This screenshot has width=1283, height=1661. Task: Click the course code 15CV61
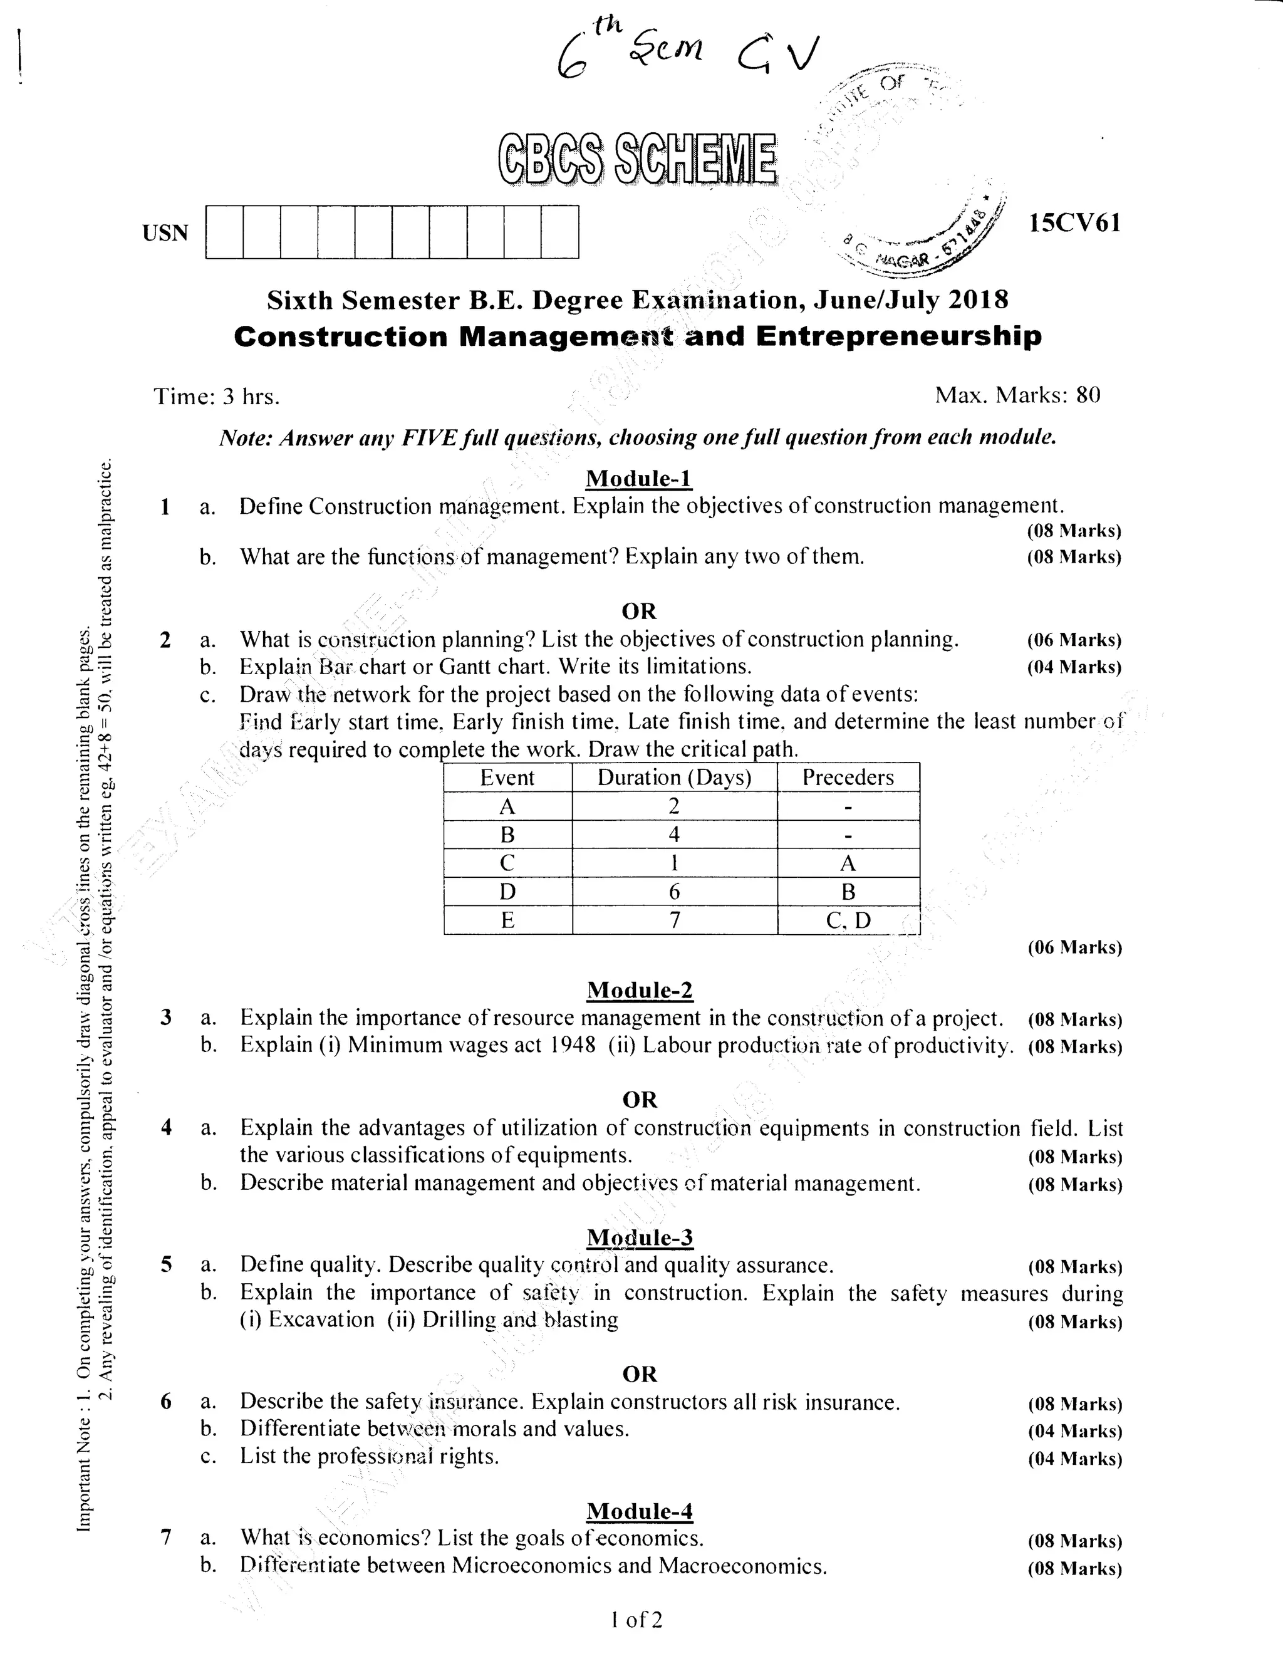(1074, 223)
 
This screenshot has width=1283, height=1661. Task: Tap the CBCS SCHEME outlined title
(637, 160)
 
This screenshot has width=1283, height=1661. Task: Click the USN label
(165, 232)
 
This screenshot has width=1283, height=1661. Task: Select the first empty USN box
(224, 232)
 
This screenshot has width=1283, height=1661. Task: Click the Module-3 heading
(640, 1237)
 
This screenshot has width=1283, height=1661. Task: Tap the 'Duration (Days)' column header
(674, 778)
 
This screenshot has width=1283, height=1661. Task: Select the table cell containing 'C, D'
(848, 920)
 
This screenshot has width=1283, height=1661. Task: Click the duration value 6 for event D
(674, 892)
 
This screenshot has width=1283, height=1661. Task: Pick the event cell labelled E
(507, 920)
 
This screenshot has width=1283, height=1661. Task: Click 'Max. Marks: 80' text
(1017, 395)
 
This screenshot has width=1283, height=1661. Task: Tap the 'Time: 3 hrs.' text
(217, 396)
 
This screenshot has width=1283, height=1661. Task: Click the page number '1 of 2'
(636, 1620)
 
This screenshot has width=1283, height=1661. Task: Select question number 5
(167, 1265)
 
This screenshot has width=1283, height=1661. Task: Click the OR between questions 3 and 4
(639, 1100)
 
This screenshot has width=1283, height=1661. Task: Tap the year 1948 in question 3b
(571, 1045)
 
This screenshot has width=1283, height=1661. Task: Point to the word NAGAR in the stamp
(902, 259)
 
